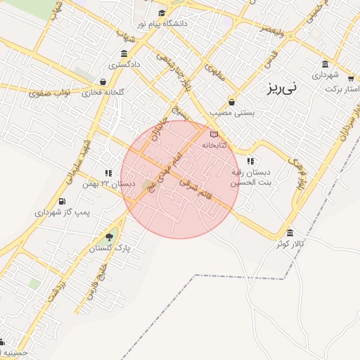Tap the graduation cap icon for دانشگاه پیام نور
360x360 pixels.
pos(162,13)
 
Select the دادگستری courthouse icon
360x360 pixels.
pos(124,55)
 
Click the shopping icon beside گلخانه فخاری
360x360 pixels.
pos(103,82)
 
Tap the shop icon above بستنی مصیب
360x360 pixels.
pos(231,101)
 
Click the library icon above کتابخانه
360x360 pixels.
pos(214,134)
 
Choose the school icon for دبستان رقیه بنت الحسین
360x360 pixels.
pos(250,161)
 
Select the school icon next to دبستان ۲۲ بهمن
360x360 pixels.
pos(108,172)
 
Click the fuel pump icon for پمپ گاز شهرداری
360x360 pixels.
pos(63,202)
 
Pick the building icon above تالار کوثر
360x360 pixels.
pos(290,233)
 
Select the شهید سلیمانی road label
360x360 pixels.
pos(78,157)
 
